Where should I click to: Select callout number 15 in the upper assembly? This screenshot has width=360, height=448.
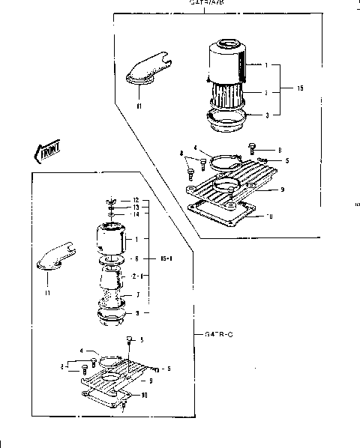point(300,88)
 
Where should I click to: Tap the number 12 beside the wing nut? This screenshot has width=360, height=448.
point(135,199)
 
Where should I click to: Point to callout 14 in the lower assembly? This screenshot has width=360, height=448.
point(135,214)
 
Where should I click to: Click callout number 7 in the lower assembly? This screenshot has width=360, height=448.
point(136,295)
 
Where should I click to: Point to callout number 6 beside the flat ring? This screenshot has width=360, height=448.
point(136,258)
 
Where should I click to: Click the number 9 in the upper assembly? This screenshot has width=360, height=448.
point(281,190)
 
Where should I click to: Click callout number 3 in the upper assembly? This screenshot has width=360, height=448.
point(266,115)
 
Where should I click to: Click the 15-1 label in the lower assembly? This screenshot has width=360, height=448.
point(167,258)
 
